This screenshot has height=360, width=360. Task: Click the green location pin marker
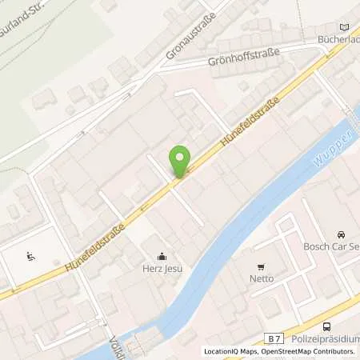pos(181,159)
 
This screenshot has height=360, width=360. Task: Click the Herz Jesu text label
pos(162,269)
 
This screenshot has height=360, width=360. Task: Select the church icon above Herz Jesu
pos(162,257)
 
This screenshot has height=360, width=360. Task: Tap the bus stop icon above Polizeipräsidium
pos(326,326)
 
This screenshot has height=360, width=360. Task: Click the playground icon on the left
pos(30,257)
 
